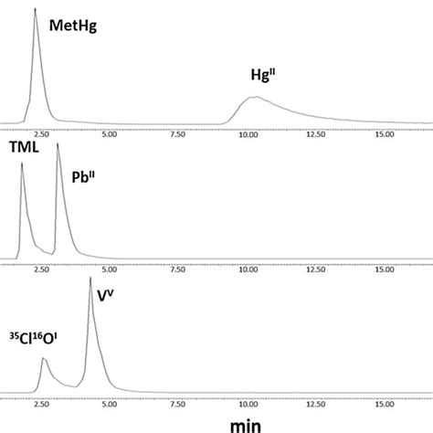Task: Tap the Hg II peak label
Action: [x=265, y=77]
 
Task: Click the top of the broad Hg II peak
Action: [x=257, y=97]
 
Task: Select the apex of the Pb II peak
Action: [x=58, y=143]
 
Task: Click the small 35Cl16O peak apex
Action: [x=44, y=359]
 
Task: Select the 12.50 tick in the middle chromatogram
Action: [x=316, y=269]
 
